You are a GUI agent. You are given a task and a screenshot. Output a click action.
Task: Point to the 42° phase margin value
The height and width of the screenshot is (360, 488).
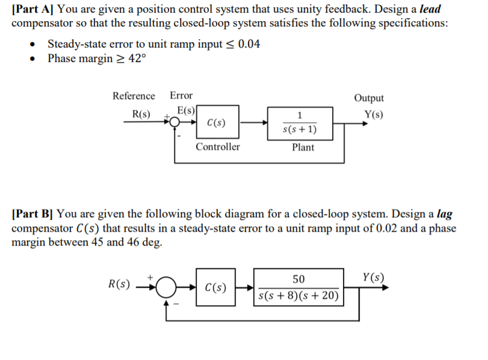[x=134, y=58]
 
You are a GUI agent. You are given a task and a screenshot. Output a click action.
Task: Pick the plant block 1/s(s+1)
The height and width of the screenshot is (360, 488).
[x=300, y=123]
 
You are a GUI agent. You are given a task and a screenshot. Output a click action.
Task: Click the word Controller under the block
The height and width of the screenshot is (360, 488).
[x=217, y=147]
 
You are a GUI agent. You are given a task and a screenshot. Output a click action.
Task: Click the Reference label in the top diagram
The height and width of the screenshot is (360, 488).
[x=134, y=96]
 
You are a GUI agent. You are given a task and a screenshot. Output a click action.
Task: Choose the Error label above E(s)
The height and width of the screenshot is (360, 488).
[x=181, y=96]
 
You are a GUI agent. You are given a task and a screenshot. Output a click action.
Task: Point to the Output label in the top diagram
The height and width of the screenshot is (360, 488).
[x=369, y=98]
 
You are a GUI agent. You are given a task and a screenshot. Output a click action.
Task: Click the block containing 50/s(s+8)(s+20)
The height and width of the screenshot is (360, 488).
[x=298, y=287]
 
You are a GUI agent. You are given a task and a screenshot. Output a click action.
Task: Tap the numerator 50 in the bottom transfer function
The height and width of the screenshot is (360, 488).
[x=298, y=279]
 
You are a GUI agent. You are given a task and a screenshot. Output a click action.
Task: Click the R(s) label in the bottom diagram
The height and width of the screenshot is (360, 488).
[x=118, y=283]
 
